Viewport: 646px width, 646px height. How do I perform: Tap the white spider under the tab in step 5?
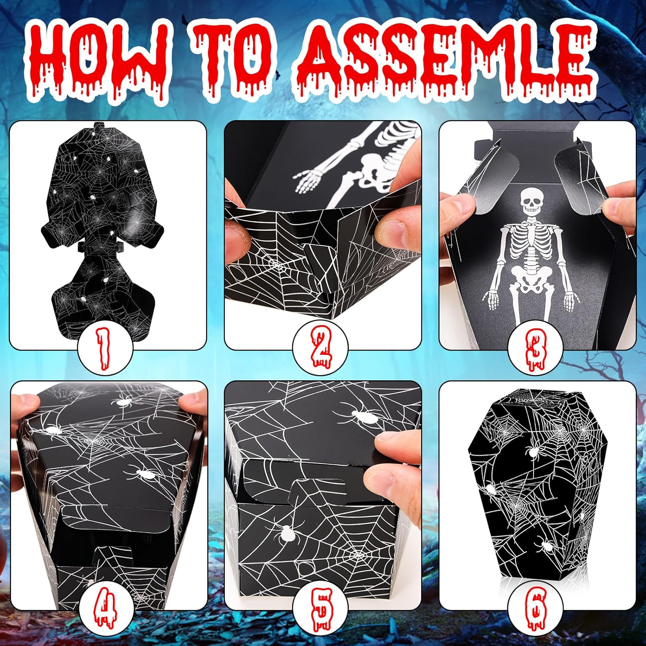point(286,534)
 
